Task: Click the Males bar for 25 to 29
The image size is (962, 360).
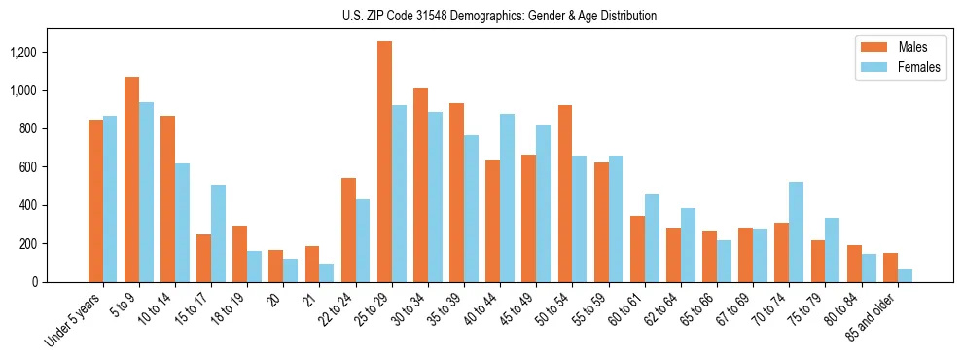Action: coord(384,162)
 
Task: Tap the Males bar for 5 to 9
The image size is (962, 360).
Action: coord(131,179)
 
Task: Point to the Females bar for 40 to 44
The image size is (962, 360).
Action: coord(507,198)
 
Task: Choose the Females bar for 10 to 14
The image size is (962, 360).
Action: coord(182,223)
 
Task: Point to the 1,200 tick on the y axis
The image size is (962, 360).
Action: coord(36,52)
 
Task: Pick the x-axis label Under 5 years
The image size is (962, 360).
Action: coord(75,319)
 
